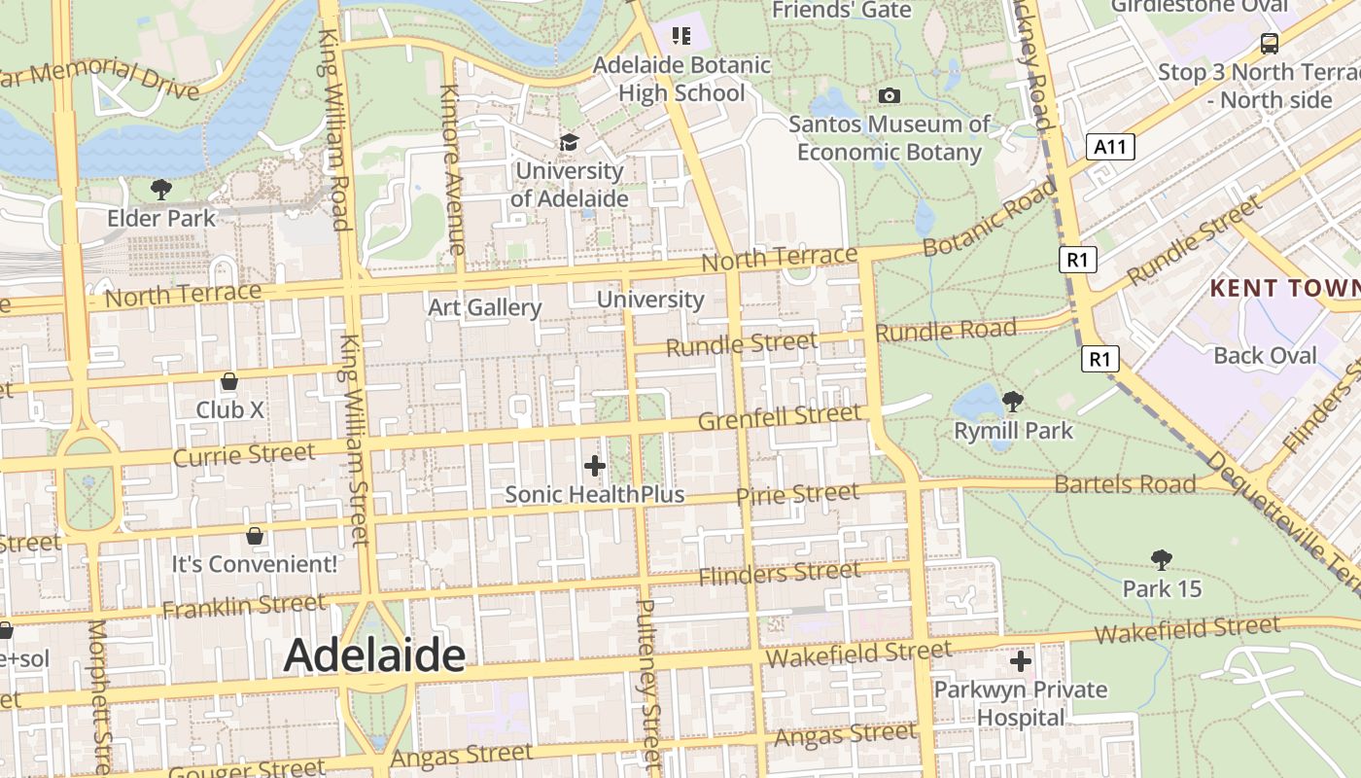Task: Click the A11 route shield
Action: tap(1110, 147)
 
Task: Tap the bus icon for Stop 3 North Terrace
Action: tap(1269, 43)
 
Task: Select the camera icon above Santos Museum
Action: tap(889, 95)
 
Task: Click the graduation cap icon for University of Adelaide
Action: tap(568, 143)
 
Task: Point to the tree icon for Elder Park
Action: tap(161, 189)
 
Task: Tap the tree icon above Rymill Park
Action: tap(1013, 401)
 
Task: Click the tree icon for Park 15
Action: tap(1161, 559)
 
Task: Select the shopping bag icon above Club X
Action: tap(229, 380)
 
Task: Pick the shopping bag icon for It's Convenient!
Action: tap(255, 535)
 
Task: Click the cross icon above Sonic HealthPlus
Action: tap(595, 466)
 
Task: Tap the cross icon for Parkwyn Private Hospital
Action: tap(1020, 661)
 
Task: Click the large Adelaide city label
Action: tap(374, 655)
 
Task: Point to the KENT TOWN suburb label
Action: tap(1284, 288)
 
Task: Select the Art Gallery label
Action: tap(485, 307)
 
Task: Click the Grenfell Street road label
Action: tap(780, 419)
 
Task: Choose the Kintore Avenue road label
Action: tap(452, 169)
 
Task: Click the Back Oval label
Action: tap(1265, 355)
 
